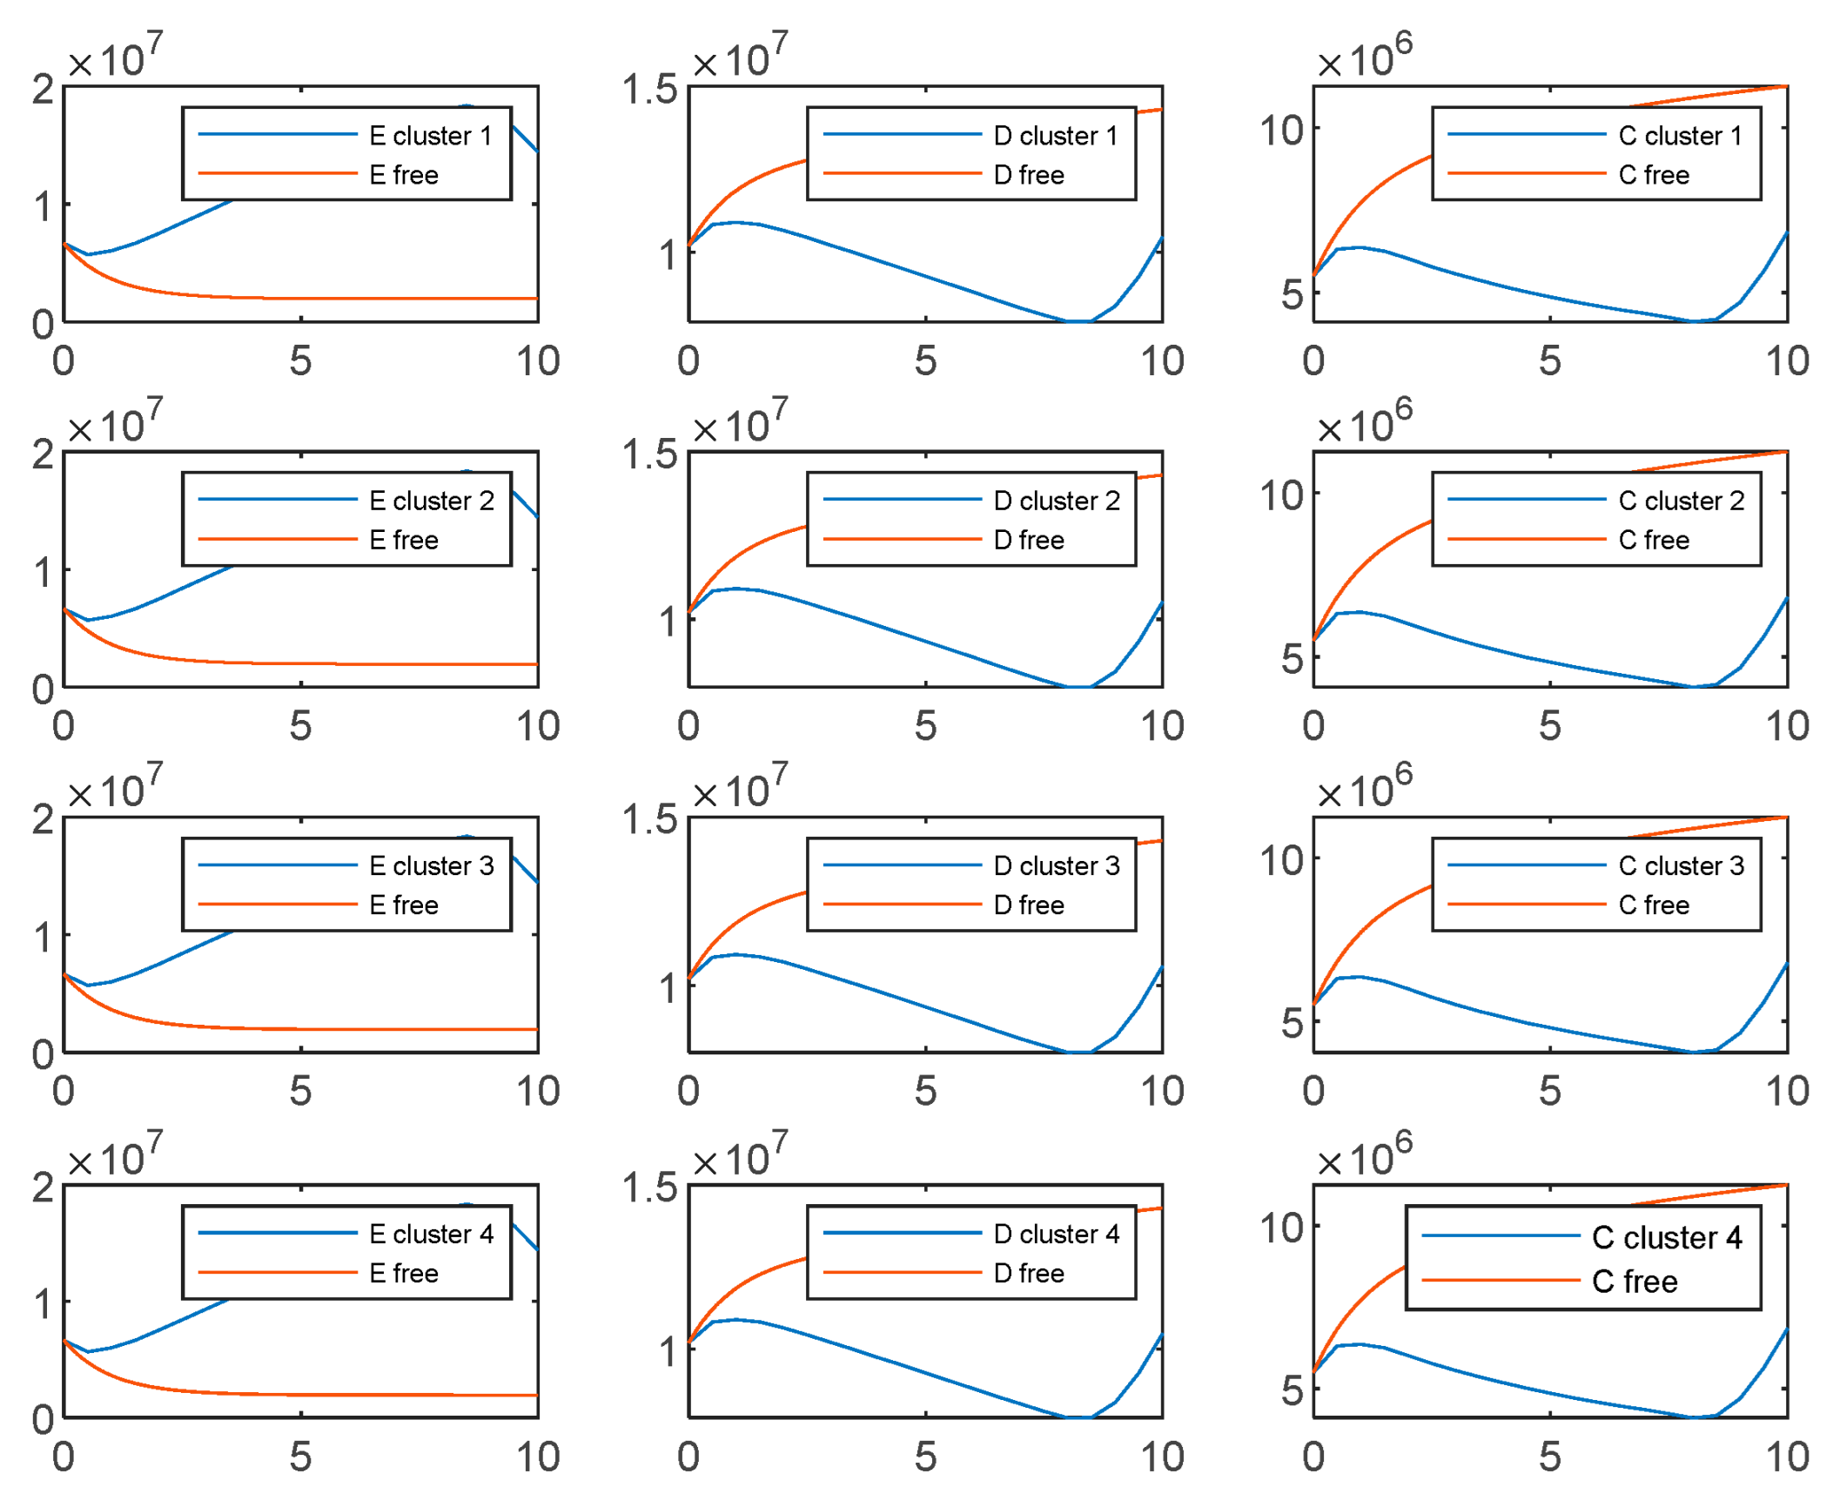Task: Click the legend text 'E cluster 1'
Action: (x=430, y=136)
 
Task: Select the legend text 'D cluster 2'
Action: (x=1056, y=501)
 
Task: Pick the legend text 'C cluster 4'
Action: (x=1666, y=1237)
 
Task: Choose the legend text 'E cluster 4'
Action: (x=430, y=1234)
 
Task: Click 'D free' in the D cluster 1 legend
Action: (x=1028, y=175)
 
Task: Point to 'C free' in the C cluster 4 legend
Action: (x=1634, y=1282)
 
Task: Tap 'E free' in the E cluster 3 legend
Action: (x=403, y=905)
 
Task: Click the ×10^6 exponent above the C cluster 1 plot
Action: (x=1364, y=57)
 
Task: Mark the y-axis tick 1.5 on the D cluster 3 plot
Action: (x=649, y=820)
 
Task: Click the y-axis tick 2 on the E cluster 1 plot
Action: (x=43, y=90)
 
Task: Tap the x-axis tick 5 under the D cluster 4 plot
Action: (x=925, y=1457)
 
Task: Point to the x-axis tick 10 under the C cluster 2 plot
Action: (x=1787, y=726)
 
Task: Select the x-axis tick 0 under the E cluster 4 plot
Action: (x=64, y=1457)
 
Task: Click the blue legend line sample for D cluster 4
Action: (x=902, y=1233)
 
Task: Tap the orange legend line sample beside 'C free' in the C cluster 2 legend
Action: (x=1526, y=540)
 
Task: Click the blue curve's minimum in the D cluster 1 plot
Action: (x=1078, y=321)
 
